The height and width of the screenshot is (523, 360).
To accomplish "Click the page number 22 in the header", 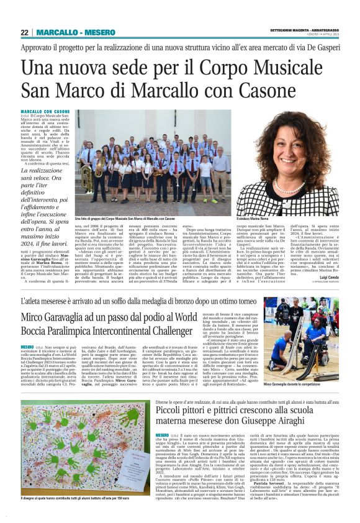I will point(24,32).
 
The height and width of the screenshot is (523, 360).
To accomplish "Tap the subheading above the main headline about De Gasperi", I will point(180,48).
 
